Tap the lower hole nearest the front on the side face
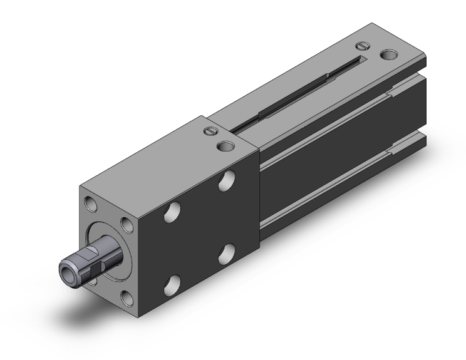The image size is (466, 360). tap(170, 287)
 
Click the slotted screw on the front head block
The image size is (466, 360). tap(210, 132)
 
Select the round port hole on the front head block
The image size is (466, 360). tap(224, 146)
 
